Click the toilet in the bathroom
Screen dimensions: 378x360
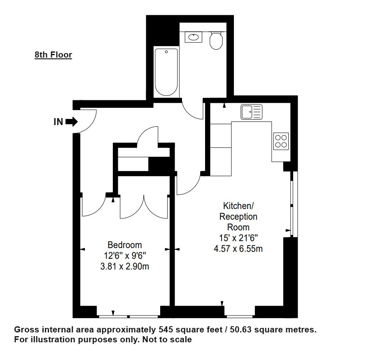click(x=216, y=40)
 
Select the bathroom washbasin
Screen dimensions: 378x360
click(x=194, y=37)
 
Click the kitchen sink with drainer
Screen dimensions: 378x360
click(x=252, y=112)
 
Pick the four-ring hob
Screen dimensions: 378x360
click(x=281, y=141)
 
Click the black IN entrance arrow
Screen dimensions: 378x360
click(x=72, y=122)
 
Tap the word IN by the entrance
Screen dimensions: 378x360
click(x=58, y=122)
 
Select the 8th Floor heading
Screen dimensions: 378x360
click(x=53, y=55)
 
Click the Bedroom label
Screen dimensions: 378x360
click(x=125, y=245)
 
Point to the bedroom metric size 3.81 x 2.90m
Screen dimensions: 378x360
click(x=125, y=266)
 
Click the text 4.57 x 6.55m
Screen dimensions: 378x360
click(x=238, y=249)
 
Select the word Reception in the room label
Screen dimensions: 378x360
click(x=238, y=216)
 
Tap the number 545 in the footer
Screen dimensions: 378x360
click(x=166, y=330)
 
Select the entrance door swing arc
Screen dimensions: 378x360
click(x=91, y=124)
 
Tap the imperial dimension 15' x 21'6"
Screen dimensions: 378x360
click(x=238, y=238)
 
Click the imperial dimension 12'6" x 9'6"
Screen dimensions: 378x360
click(x=125, y=255)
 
